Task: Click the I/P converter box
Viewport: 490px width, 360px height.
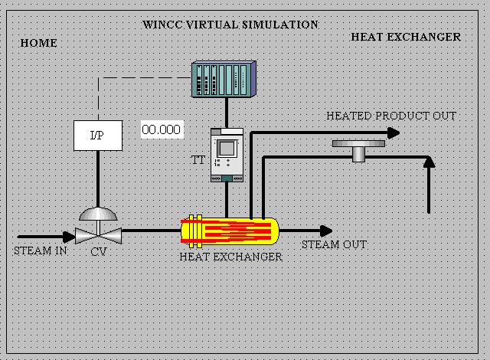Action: point(96,136)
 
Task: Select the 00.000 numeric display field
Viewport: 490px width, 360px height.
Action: point(161,129)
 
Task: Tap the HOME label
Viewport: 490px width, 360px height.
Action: point(38,43)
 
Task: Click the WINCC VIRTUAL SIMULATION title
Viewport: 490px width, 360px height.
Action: point(230,25)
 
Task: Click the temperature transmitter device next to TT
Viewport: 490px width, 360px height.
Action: point(227,155)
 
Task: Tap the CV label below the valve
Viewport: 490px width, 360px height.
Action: point(98,251)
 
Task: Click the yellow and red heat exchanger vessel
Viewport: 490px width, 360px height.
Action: point(229,229)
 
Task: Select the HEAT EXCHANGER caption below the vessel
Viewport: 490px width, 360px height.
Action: point(230,257)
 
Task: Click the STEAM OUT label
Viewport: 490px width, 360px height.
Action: point(334,245)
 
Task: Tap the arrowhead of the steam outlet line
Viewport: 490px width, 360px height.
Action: point(327,231)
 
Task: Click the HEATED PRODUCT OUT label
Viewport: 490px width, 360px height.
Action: point(391,116)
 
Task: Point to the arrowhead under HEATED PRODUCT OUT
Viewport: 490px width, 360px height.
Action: point(394,133)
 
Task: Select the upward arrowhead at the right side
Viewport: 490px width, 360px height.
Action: point(429,162)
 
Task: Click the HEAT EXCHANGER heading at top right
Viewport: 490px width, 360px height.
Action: point(406,37)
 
